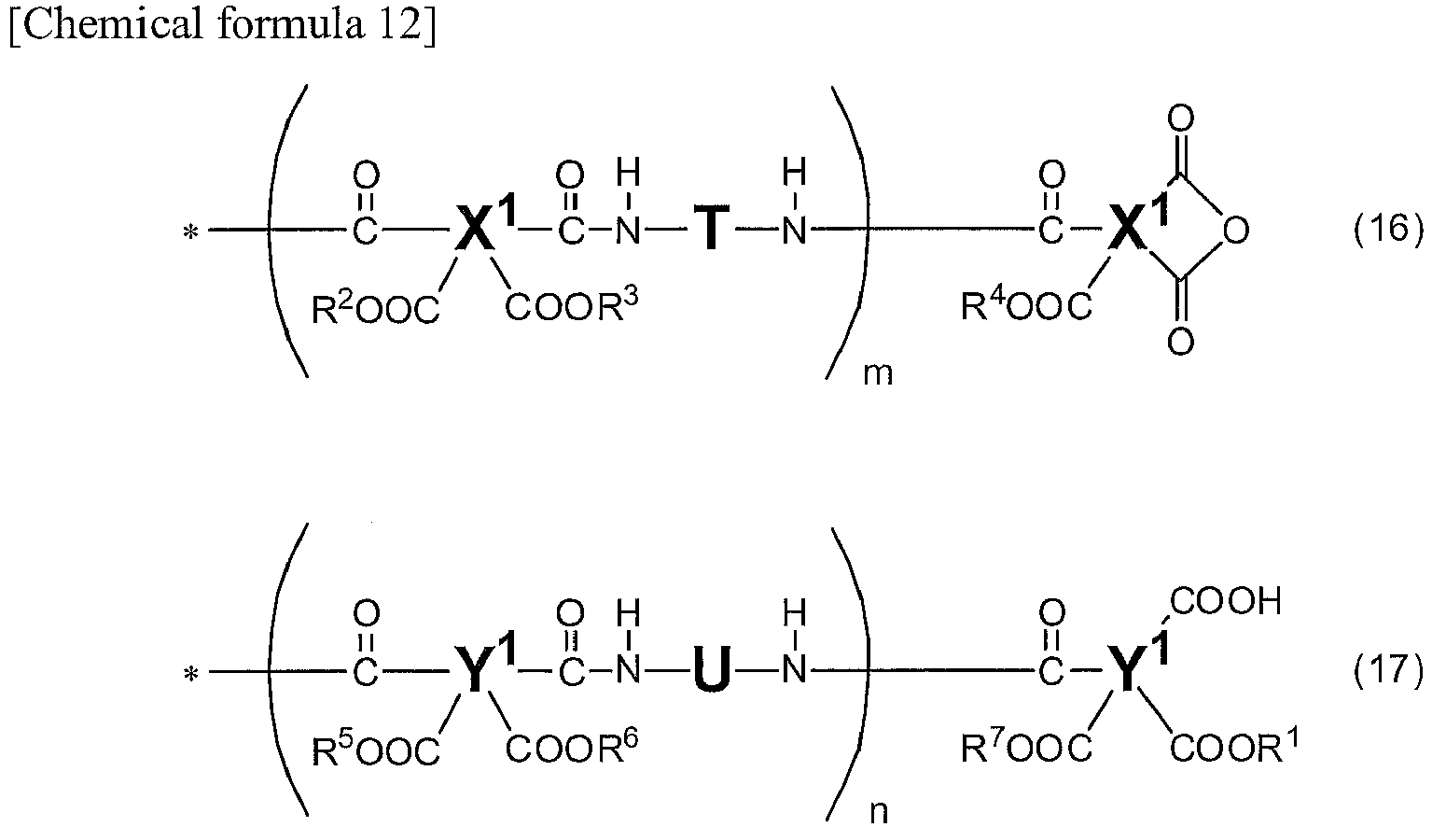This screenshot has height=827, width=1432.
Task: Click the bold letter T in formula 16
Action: click(x=711, y=229)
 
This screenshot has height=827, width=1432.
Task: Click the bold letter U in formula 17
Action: click(x=711, y=669)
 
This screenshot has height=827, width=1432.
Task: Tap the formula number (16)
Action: click(x=1388, y=229)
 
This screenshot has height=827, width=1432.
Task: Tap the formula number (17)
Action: click(x=1388, y=669)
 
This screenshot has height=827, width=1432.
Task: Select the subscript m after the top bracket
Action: click(x=878, y=374)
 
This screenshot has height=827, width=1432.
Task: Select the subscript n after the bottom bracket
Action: click(x=880, y=812)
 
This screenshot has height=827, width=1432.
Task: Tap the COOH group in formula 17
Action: click(x=1226, y=601)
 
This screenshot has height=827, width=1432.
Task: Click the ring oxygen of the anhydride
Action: click(x=1235, y=230)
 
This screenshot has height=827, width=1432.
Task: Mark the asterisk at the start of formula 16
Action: click(x=190, y=231)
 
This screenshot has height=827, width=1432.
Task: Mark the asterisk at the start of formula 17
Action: click(x=190, y=674)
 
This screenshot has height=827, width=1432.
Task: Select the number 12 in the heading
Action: click(x=399, y=23)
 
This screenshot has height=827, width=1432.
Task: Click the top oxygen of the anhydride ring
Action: click(x=1180, y=119)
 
